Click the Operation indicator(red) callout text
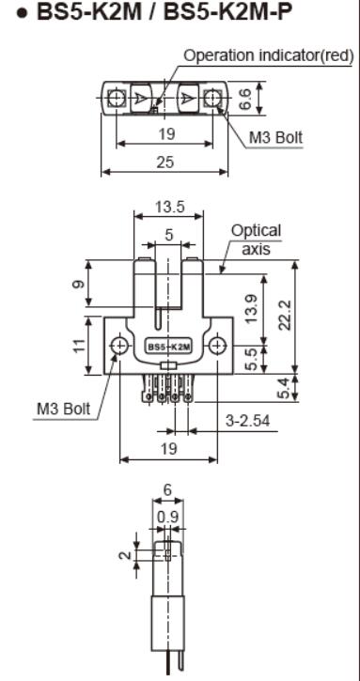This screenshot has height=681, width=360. click(x=268, y=56)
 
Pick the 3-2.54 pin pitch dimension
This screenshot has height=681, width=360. click(x=246, y=420)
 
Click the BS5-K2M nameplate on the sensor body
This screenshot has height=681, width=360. click(x=168, y=347)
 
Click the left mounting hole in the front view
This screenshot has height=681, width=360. click(x=118, y=347)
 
